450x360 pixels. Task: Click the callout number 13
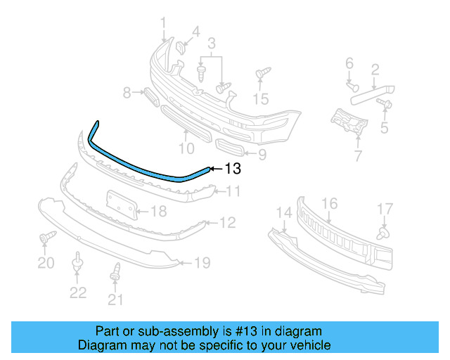(x=233, y=169)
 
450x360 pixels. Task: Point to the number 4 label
(x=195, y=31)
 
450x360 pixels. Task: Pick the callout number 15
(x=262, y=99)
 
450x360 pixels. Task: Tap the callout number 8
(x=127, y=92)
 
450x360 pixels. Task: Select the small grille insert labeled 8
(x=149, y=94)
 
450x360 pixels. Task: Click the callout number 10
(x=186, y=148)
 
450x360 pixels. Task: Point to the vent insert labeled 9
(x=231, y=149)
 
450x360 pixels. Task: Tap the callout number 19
(x=202, y=264)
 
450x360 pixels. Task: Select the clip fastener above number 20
(x=46, y=237)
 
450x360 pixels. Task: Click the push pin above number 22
(x=77, y=267)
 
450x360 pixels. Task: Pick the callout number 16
(x=329, y=204)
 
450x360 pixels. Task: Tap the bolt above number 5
(x=385, y=105)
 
